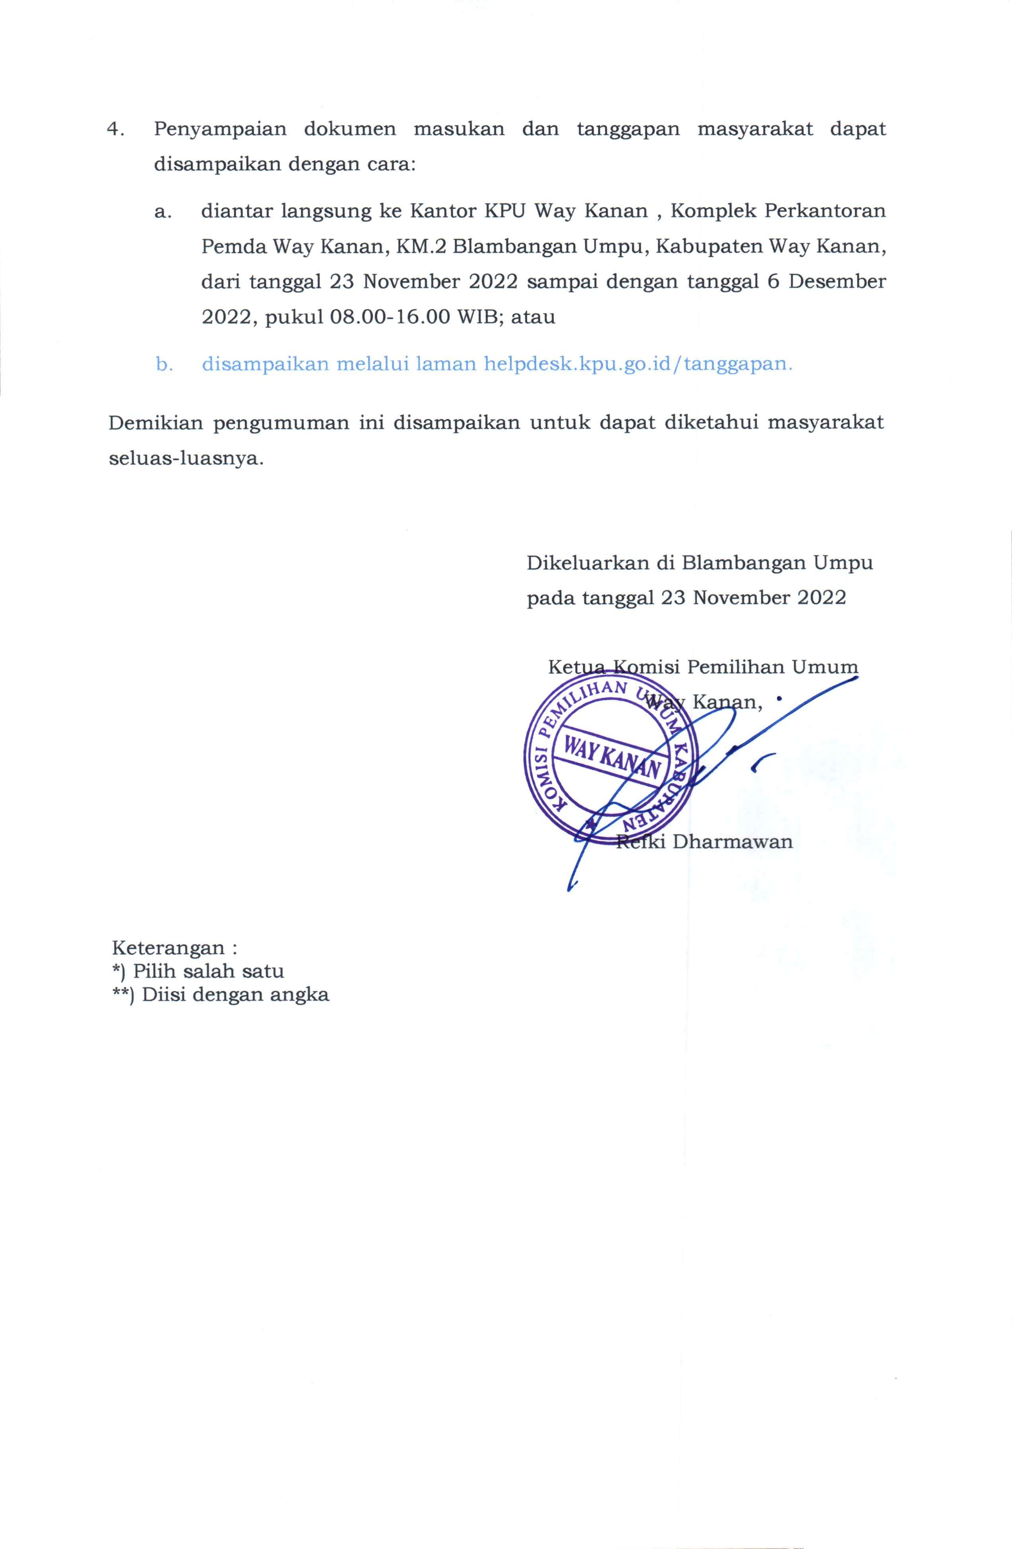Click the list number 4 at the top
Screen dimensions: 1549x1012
115,129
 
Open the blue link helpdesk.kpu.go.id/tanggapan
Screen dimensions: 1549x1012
638,364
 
